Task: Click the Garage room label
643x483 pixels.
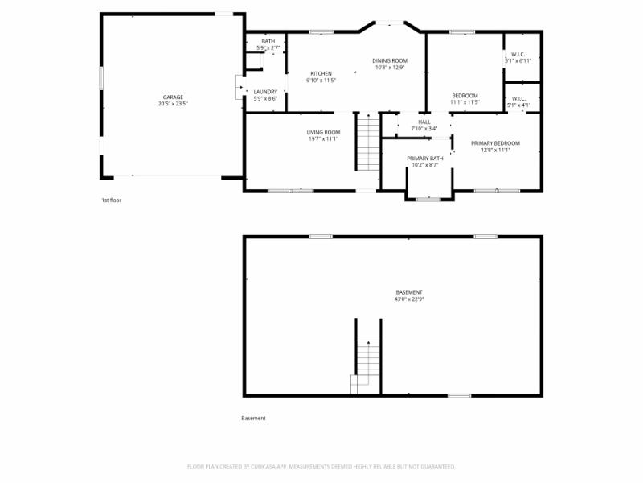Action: [173, 97]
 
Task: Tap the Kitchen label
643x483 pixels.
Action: [321, 74]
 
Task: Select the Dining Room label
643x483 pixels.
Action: [390, 60]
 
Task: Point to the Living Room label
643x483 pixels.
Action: [323, 132]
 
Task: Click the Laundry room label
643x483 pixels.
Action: [265, 92]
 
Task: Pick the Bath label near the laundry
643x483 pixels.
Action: [268, 42]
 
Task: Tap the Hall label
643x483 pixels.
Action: [424, 122]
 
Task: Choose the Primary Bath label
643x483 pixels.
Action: [424, 159]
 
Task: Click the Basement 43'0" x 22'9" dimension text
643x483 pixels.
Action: [408, 299]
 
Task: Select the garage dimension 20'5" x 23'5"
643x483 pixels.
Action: [173, 104]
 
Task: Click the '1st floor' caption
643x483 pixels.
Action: [111, 200]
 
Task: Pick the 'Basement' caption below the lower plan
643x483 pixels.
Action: [253, 418]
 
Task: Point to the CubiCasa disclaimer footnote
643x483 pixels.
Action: [321, 466]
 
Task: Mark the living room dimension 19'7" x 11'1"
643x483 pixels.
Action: [323, 138]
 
